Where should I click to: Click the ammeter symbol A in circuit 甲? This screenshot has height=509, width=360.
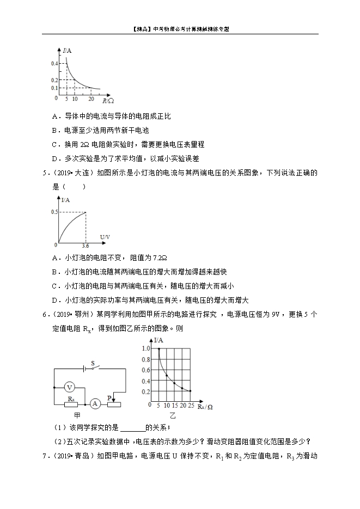pos(95,403)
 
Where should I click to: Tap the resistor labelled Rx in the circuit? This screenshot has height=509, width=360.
pos(71,404)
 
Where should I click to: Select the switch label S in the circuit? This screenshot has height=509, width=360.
pos(93,362)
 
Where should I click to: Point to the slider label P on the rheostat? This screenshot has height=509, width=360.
pos(110,398)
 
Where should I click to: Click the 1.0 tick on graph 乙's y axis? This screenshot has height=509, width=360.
pos(145,348)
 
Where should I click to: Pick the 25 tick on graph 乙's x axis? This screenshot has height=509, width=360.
pos(191,407)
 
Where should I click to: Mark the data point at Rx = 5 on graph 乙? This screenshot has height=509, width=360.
pos(158,348)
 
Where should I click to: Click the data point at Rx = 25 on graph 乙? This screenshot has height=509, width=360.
pos(190,391)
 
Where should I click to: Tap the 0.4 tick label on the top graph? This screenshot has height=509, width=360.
pos(54,64)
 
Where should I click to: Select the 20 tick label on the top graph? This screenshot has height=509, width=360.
pos(91,99)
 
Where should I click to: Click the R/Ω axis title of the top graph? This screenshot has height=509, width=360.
pos(108,100)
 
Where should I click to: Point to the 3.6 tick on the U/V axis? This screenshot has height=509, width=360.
pos(85,246)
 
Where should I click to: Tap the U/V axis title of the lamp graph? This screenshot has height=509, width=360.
pos(106,236)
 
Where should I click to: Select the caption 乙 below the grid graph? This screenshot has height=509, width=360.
pos(173,415)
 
